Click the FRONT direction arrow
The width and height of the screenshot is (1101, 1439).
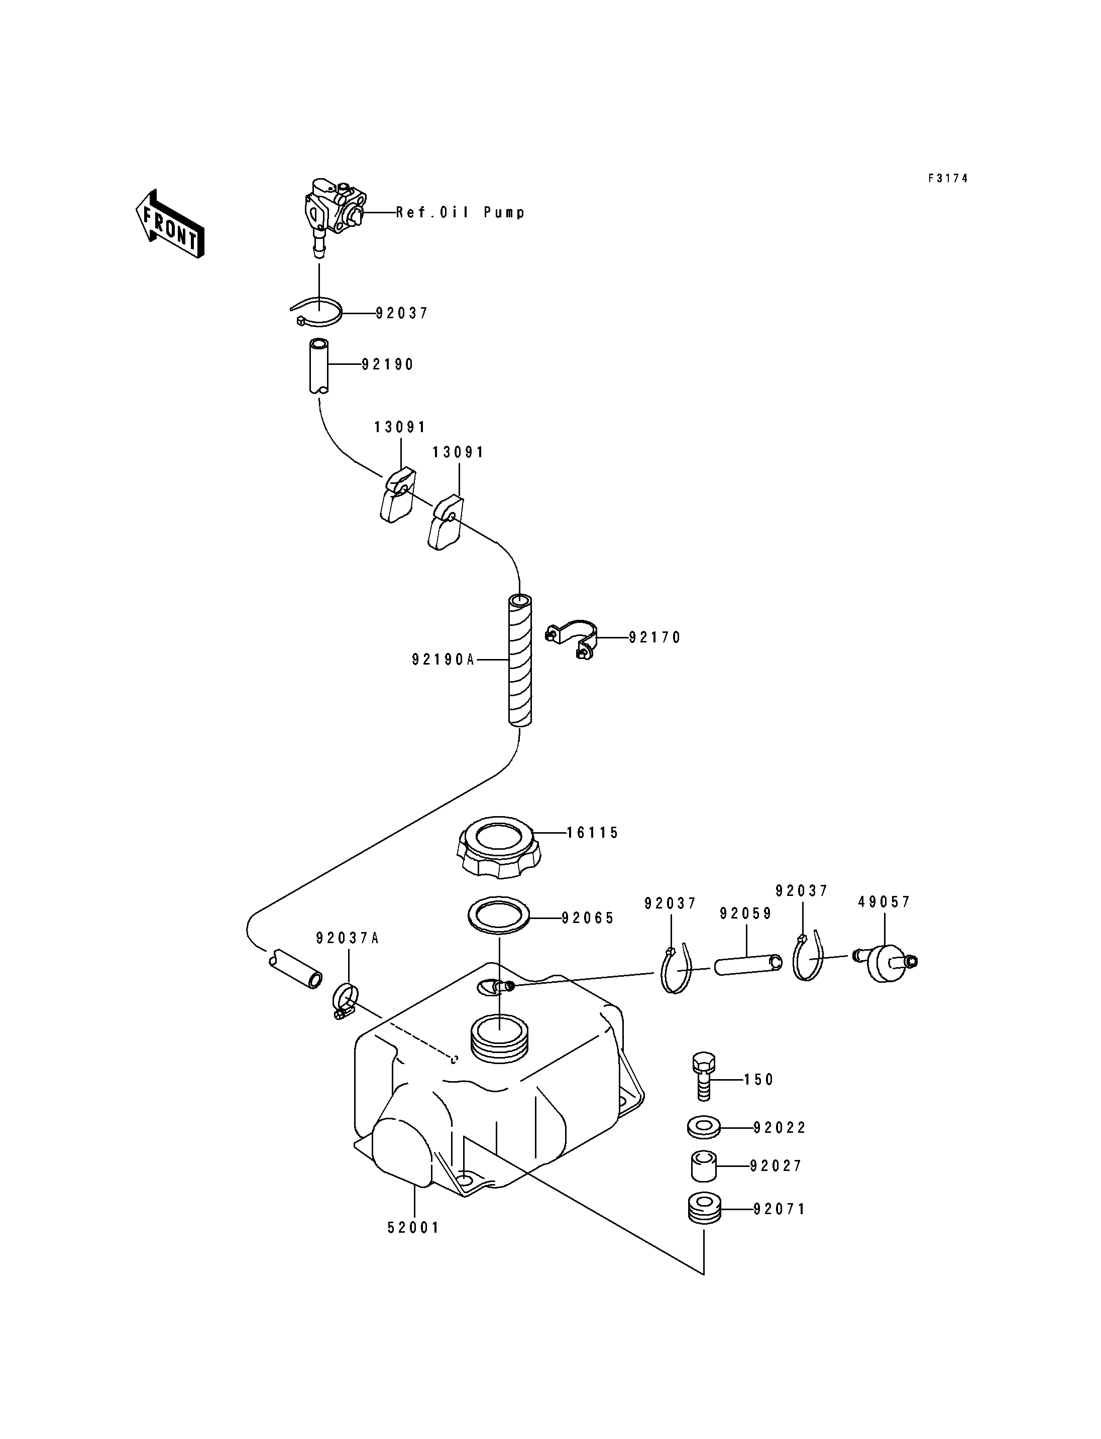pos(170,223)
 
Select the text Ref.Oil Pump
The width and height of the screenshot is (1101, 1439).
pos(460,212)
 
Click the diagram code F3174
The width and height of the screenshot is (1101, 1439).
pos(948,178)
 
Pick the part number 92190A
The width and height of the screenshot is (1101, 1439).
pos(443,660)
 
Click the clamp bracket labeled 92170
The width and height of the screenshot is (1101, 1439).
pos(571,638)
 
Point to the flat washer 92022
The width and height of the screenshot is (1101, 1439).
pos(704,1128)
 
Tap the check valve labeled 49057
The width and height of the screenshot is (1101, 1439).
pos(884,962)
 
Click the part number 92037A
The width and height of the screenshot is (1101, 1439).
pos(348,939)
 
